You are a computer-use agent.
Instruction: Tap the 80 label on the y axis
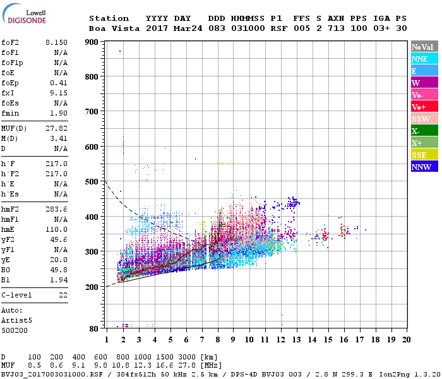pyautogui.click(x=94, y=328)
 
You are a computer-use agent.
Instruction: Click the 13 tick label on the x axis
pyautogui.click(x=296, y=339)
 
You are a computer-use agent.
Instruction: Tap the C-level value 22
pyautogui.click(x=63, y=295)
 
